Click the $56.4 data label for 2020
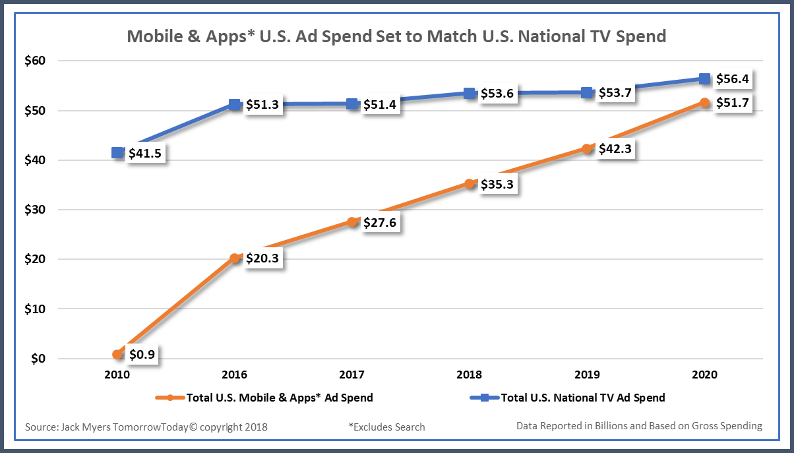(x=733, y=79)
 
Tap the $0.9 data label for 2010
(x=142, y=355)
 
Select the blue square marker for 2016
(x=235, y=104)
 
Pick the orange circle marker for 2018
(x=470, y=184)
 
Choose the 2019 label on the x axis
(x=587, y=375)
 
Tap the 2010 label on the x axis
(x=117, y=375)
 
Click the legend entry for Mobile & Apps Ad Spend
(x=264, y=398)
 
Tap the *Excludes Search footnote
(x=387, y=427)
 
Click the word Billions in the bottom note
(x=605, y=426)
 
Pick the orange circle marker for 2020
(x=704, y=103)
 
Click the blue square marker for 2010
(x=117, y=153)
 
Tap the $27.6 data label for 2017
(x=381, y=222)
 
